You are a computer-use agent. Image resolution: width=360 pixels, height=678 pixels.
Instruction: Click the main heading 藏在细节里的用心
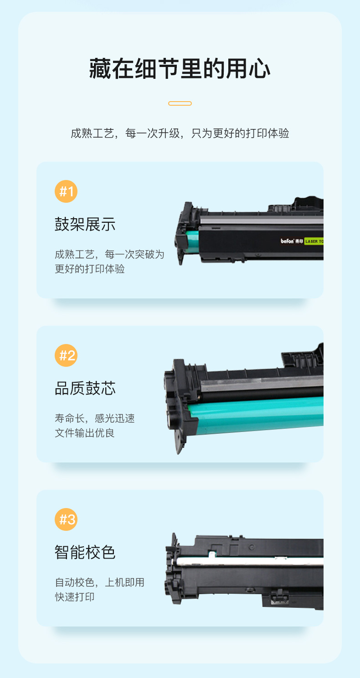click(x=180, y=69)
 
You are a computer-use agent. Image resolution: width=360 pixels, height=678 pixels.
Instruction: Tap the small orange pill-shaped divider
click(x=180, y=103)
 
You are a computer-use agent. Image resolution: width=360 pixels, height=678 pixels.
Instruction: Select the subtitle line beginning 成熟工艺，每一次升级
click(x=180, y=133)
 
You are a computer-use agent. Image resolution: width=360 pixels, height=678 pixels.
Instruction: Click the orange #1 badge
click(x=66, y=191)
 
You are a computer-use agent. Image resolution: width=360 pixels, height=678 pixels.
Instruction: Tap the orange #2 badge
click(x=66, y=355)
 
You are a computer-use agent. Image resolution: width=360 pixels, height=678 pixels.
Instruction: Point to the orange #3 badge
click(x=66, y=519)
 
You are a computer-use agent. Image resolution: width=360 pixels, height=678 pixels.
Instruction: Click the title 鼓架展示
click(x=85, y=224)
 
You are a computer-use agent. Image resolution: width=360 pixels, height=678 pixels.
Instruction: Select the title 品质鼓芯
click(x=85, y=388)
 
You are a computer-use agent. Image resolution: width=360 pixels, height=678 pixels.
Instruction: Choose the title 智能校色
click(x=85, y=552)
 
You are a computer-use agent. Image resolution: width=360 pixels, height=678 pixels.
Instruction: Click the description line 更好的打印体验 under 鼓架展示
click(x=90, y=269)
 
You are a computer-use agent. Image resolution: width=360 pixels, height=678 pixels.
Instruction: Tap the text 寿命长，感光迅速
click(x=95, y=418)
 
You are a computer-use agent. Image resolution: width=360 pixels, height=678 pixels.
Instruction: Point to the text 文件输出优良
click(x=85, y=433)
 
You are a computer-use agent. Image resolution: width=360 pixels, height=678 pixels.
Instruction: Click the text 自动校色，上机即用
click(x=100, y=582)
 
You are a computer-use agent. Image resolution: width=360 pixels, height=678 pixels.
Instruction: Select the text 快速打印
click(x=75, y=597)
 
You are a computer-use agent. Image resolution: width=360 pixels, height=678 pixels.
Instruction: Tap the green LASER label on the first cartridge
click(x=314, y=241)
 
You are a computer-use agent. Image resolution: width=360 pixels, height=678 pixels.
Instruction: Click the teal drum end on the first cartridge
click(x=192, y=242)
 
